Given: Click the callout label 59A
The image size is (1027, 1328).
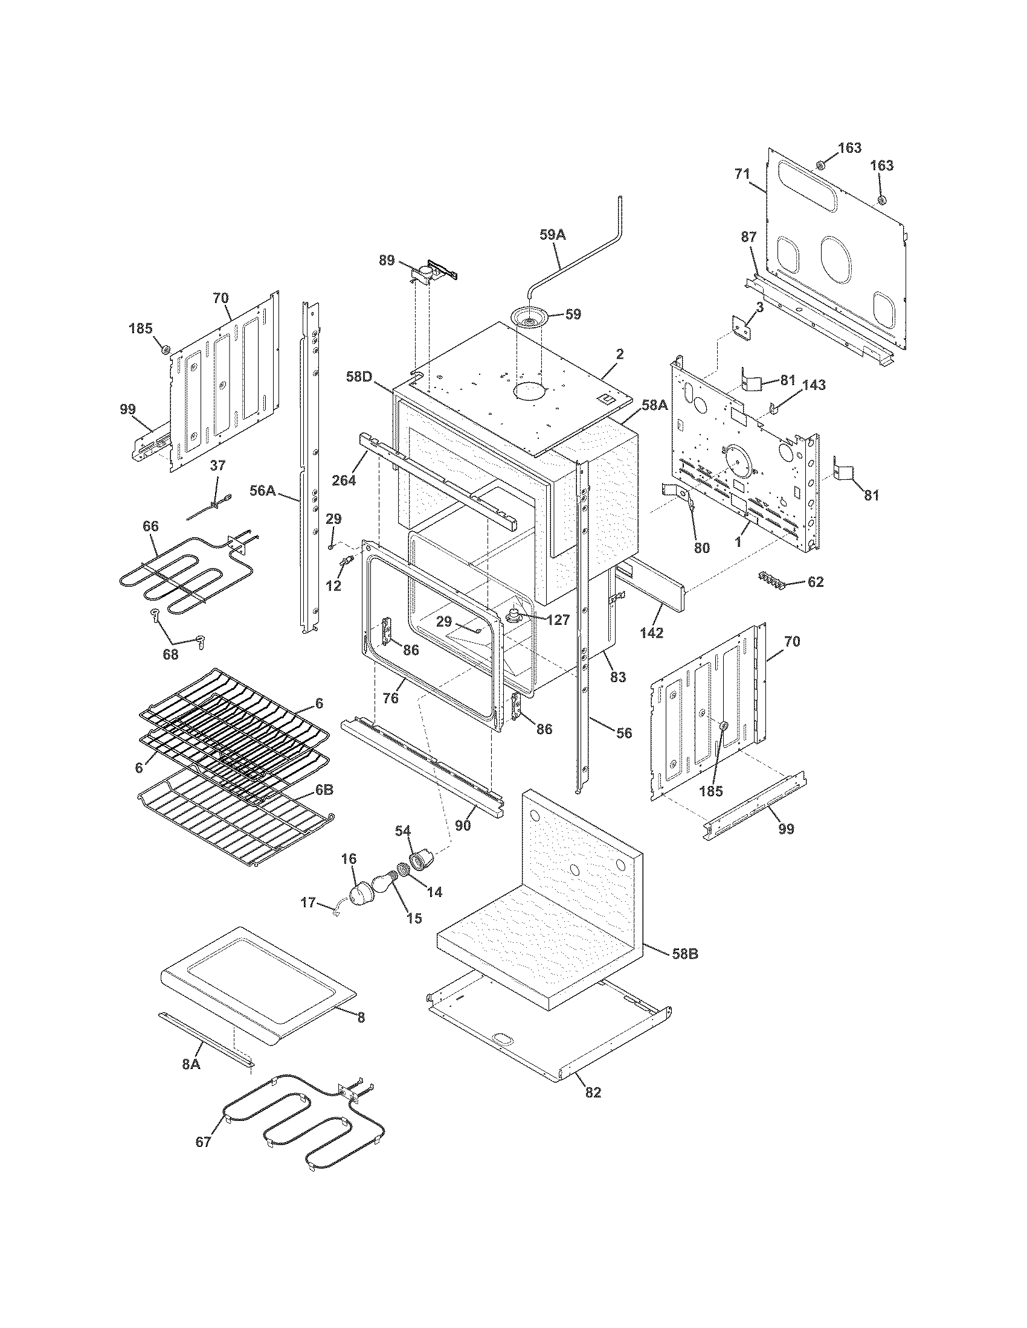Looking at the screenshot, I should click(x=552, y=235).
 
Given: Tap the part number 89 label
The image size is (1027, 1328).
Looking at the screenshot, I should click(x=387, y=261).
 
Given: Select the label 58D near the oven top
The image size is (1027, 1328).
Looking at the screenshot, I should click(x=359, y=377).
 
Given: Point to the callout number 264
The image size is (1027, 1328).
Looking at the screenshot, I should click(x=344, y=480).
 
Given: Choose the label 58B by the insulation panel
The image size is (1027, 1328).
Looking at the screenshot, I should click(x=684, y=954).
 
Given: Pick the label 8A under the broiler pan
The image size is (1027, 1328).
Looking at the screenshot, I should click(x=192, y=1064).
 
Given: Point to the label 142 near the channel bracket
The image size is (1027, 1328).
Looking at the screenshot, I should click(x=651, y=633).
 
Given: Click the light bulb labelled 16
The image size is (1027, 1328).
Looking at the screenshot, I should click(x=365, y=892).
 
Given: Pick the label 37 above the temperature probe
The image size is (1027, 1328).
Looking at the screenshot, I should click(x=217, y=465).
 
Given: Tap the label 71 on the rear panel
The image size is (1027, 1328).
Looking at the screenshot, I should click(x=742, y=174).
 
